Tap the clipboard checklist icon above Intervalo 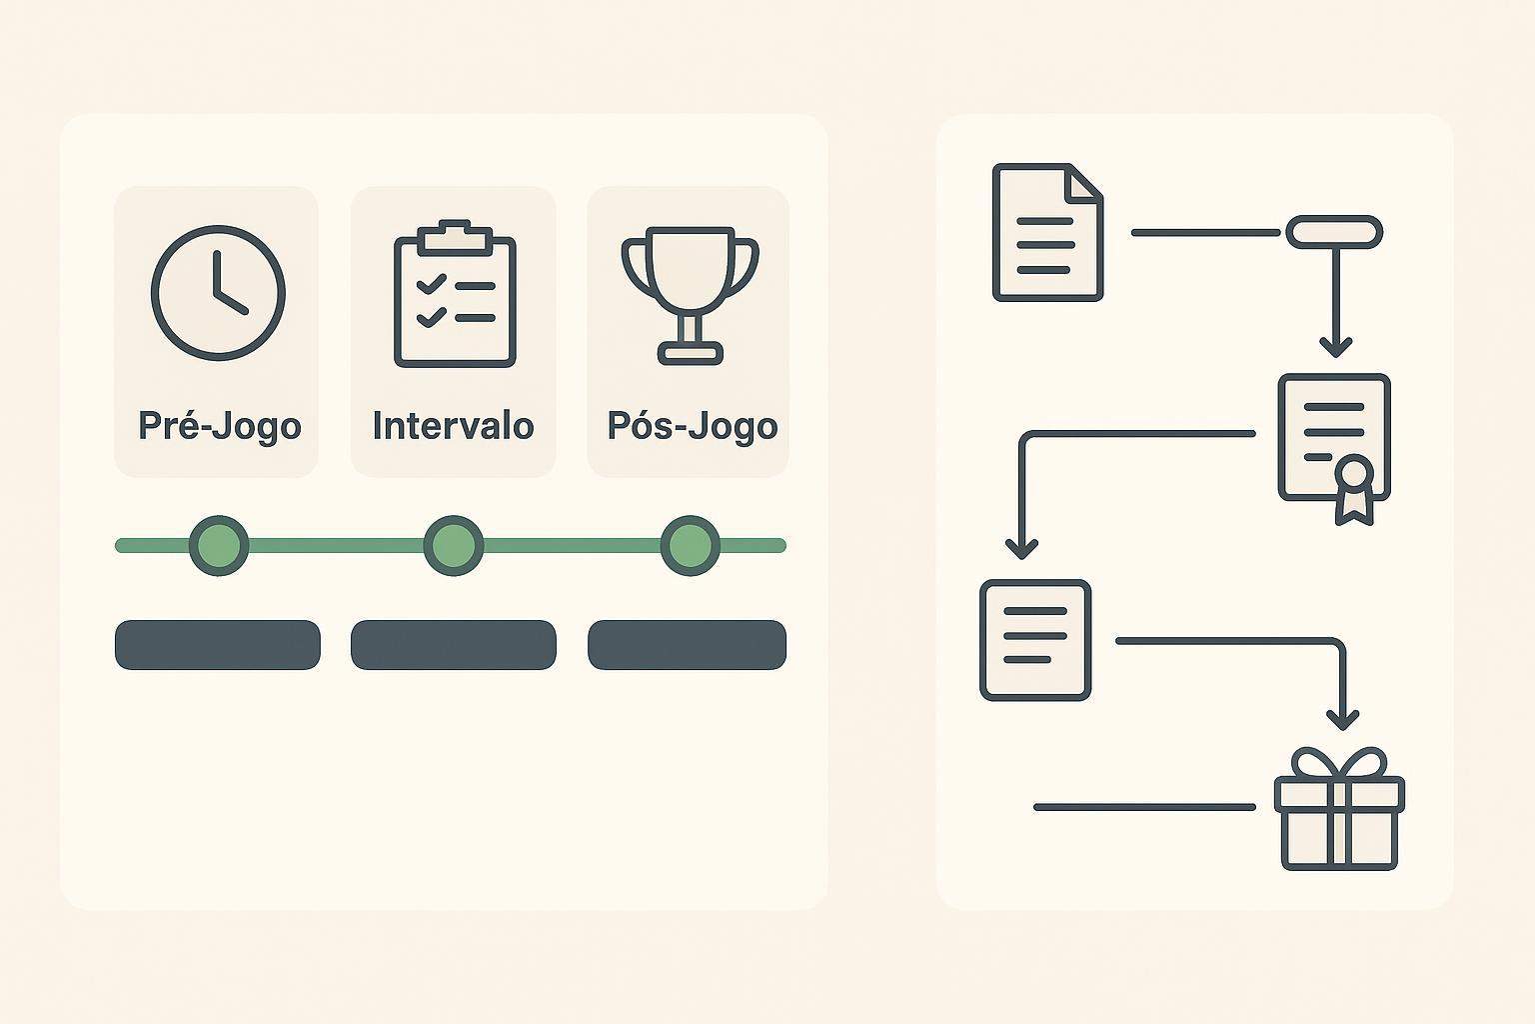point(455,294)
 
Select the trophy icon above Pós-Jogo point(691,295)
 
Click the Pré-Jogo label point(219,426)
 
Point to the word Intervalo point(453,425)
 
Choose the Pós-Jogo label point(693,426)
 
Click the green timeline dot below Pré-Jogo point(219,545)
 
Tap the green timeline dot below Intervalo point(454,545)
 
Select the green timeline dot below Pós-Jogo point(691,545)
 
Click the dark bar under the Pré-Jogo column point(218,645)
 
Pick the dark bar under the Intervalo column point(454,645)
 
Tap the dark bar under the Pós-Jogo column point(687,645)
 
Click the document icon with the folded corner point(1047,232)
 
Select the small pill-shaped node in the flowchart point(1334,232)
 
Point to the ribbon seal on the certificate point(1355,490)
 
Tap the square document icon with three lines point(1035,640)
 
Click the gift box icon point(1340,809)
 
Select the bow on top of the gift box point(1340,763)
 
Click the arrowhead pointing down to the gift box point(1342,720)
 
